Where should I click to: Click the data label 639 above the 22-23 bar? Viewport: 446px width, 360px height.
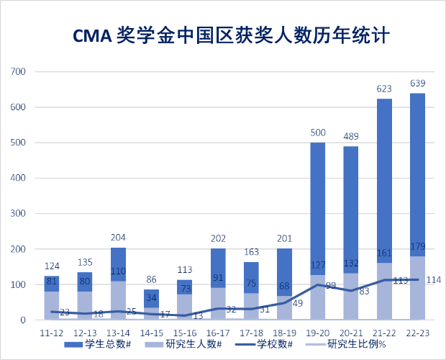[x=417, y=84]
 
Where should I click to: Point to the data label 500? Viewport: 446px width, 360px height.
[x=318, y=133]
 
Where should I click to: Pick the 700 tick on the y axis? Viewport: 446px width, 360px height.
[x=19, y=72]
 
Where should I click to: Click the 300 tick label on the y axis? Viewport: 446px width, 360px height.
[x=19, y=214]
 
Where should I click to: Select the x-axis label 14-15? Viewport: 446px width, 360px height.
[x=152, y=333]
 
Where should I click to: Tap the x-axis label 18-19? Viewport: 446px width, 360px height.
[x=285, y=333]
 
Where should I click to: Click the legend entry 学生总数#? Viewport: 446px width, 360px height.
[x=101, y=344]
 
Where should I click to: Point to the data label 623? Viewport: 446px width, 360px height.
[x=384, y=89]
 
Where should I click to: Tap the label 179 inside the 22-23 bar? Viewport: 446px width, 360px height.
[x=417, y=248]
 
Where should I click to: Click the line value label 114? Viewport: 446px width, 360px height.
[x=433, y=280]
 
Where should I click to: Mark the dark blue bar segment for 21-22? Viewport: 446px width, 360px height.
[x=384, y=180]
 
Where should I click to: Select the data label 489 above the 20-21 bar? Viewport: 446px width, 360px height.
[x=351, y=137]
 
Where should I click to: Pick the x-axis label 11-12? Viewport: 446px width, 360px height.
[x=52, y=333]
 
